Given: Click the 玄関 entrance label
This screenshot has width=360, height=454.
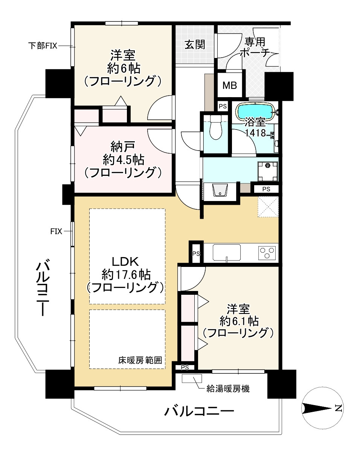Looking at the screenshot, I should [x=195, y=44].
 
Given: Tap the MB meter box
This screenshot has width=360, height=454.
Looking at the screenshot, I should [x=229, y=85].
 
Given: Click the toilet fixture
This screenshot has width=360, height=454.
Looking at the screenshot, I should [x=216, y=128].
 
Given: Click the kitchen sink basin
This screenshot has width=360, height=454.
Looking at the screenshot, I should [x=227, y=252].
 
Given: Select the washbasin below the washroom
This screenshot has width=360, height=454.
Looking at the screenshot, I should [x=220, y=190].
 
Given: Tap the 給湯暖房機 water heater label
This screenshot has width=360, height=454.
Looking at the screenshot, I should [x=228, y=389].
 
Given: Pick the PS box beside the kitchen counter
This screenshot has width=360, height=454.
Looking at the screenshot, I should [x=195, y=253].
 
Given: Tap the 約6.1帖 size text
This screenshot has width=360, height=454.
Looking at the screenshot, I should [x=238, y=321].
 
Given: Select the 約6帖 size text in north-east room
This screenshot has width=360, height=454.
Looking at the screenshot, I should [x=123, y=69].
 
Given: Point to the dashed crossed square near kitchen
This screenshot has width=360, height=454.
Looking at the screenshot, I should [x=268, y=207].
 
